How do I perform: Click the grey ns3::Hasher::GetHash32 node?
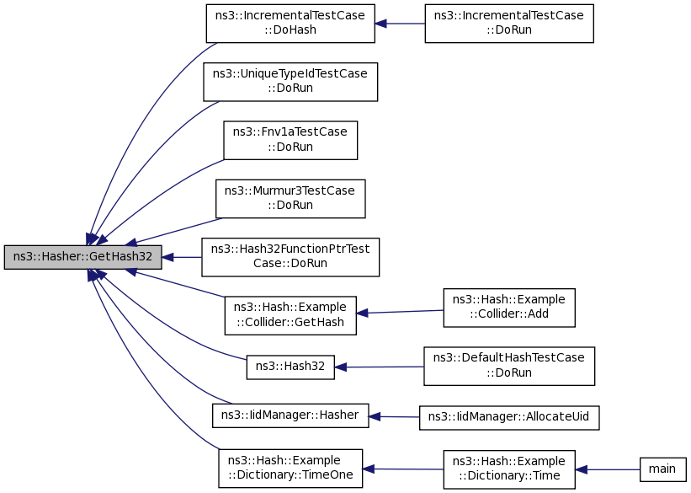click(x=82, y=257)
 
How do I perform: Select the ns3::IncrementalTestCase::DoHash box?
click(x=290, y=24)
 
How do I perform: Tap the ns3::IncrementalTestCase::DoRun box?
click(x=509, y=24)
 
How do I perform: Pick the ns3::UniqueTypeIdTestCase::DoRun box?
click(x=290, y=82)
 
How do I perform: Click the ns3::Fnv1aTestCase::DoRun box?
click(x=290, y=141)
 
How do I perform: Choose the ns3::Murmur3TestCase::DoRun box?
click(x=290, y=199)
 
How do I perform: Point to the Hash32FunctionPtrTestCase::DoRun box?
click(x=290, y=257)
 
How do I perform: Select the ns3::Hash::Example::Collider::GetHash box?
click(x=290, y=315)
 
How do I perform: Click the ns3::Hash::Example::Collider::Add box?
click(x=509, y=308)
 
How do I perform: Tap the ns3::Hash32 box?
click(x=290, y=367)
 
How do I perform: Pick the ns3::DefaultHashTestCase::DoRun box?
click(x=509, y=366)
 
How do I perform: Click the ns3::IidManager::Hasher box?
click(x=290, y=415)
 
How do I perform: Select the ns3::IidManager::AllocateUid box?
click(x=509, y=417)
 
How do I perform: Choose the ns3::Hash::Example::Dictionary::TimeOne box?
click(x=290, y=469)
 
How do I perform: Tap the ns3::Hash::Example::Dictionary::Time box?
click(x=509, y=469)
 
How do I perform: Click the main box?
click(x=662, y=469)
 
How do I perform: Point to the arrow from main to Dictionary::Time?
click(x=608, y=469)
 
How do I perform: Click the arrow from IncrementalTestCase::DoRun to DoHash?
click(x=400, y=24)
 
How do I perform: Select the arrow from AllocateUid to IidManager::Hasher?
click(x=394, y=416)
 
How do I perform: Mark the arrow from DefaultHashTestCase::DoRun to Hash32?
click(x=379, y=367)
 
